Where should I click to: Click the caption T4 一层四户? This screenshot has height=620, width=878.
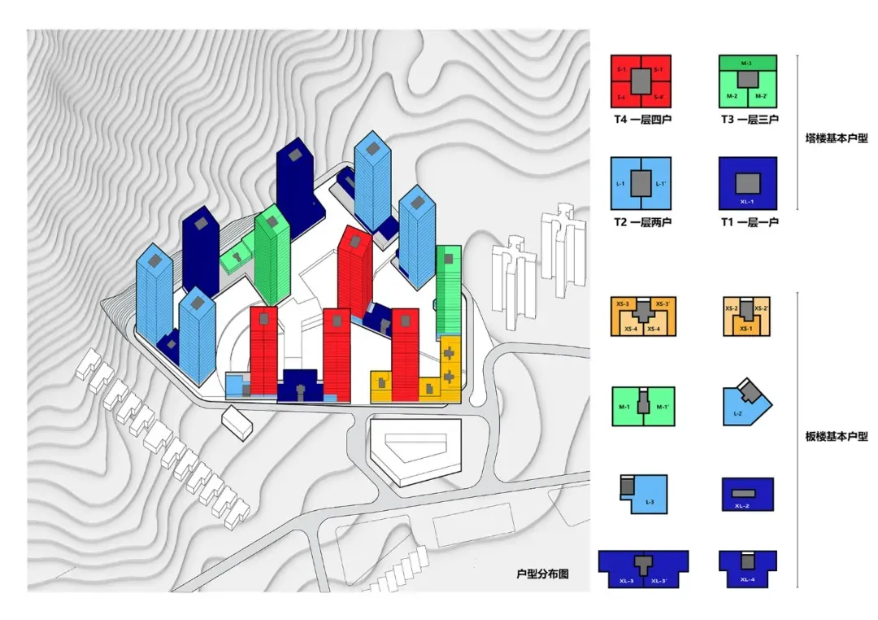641,120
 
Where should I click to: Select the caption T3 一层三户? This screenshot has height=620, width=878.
749,120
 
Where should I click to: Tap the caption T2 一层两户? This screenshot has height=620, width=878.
641,222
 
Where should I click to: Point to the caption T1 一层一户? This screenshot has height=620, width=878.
749,222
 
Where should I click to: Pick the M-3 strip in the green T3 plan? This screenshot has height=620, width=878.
746,63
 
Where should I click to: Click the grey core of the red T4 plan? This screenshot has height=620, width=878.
641,81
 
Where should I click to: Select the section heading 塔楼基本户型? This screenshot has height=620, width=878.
837,138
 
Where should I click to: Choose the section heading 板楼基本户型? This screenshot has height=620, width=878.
837,437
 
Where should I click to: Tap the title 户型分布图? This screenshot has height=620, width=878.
541,574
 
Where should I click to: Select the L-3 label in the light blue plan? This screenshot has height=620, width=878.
650,503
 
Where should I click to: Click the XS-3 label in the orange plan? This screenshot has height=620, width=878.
623,303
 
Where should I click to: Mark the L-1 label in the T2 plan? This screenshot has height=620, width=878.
621,184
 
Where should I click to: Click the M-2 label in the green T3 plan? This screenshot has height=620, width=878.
731,96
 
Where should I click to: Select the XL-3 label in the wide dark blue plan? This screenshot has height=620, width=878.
627,581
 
